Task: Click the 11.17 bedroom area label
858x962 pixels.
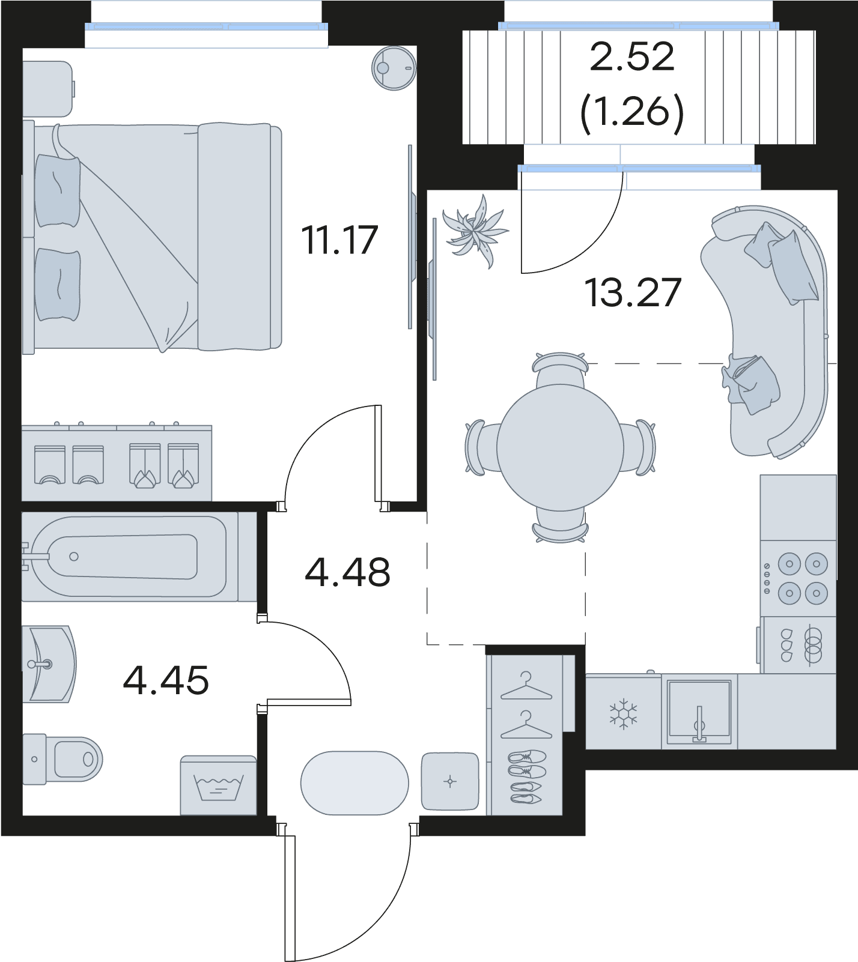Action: click(340, 240)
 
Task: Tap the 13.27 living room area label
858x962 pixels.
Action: click(633, 292)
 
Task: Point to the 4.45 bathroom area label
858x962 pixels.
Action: click(166, 680)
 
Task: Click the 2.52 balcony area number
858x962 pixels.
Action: click(632, 57)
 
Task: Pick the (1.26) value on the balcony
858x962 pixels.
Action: click(632, 112)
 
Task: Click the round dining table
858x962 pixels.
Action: click(560, 447)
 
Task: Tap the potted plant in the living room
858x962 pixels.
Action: click(476, 231)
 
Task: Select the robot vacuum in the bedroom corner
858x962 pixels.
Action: click(394, 68)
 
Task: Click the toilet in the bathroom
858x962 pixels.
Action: click(63, 759)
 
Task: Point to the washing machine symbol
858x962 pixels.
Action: click(219, 785)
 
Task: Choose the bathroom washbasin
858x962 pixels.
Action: click(49, 664)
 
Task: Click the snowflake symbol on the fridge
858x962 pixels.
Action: click(624, 713)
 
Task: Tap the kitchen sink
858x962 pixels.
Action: click(699, 711)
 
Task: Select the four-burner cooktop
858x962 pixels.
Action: click(798, 578)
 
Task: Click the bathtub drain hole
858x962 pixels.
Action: click(74, 557)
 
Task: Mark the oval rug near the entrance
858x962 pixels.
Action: click(354, 782)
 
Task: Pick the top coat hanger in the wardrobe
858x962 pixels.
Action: click(526, 686)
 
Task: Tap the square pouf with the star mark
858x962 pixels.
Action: click(450, 781)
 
